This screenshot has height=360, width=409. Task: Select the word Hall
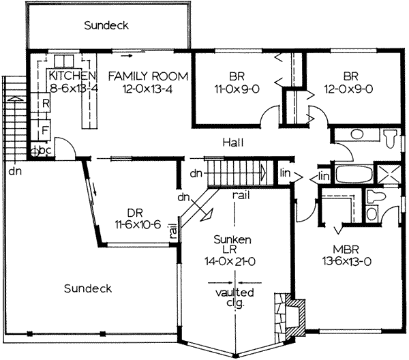(x=233, y=142)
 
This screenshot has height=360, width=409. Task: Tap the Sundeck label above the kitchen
(x=106, y=26)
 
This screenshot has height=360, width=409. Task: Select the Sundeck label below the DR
(x=87, y=288)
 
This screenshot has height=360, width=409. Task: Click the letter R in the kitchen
(x=46, y=104)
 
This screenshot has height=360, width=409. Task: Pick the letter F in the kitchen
(x=46, y=128)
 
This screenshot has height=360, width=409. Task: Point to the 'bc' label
(x=46, y=149)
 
